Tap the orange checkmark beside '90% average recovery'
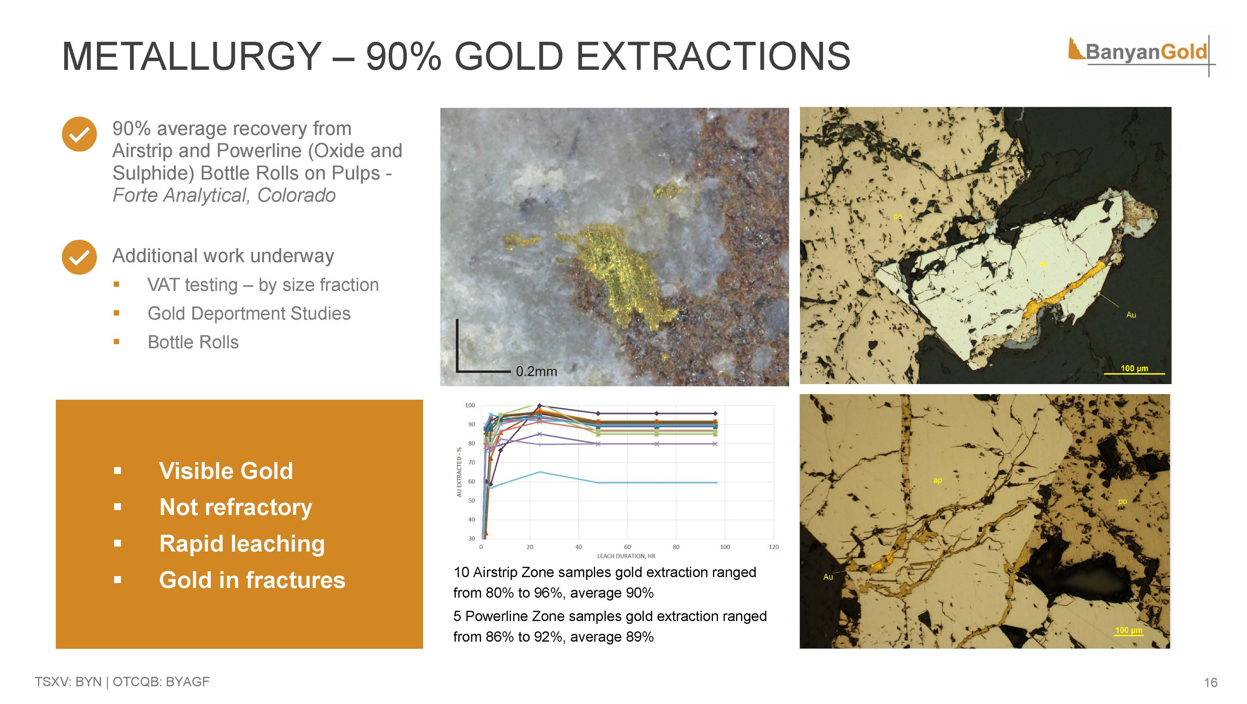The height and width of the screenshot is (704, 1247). pyautogui.click(x=79, y=134)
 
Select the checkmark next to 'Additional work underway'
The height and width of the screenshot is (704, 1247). pyautogui.click(x=79, y=257)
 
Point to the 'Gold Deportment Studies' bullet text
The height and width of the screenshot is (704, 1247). pyautogui.click(x=249, y=313)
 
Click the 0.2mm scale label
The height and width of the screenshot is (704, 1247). pyautogui.click(x=536, y=371)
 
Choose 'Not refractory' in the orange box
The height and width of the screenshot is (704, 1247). pyautogui.click(x=236, y=507)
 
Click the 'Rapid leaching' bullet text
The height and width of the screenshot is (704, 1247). pyautogui.click(x=242, y=544)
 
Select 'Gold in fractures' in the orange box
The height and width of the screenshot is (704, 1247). pyautogui.click(x=252, y=580)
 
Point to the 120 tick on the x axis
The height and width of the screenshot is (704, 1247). pyautogui.click(x=773, y=547)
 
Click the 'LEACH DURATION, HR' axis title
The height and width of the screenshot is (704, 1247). pyautogui.click(x=626, y=556)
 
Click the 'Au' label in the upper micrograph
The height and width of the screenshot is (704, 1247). pyautogui.click(x=1131, y=315)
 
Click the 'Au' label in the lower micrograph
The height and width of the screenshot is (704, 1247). pyautogui.click(x=828, y=577)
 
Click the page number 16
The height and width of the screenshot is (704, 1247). pyautogui.click(x=1211, y=683)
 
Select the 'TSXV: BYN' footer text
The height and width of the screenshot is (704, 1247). pyautogui.click(x=68, y=682)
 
